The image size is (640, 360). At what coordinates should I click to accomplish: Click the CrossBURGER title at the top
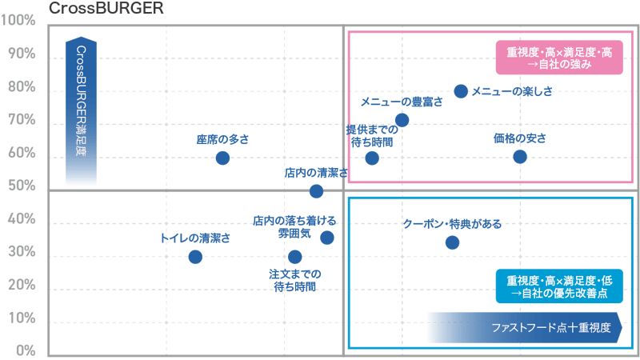(x=106, y=9)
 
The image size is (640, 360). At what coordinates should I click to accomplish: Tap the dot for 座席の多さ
(x=222, y=158)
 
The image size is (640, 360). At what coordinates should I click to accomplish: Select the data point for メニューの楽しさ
(x=461, y=91)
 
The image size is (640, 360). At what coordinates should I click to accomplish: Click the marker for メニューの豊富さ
(x=402, y=120)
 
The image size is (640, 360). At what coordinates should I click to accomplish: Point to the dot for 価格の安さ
(x=520, y=156)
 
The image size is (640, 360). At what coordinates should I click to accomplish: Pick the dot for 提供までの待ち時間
(x=371, y=157)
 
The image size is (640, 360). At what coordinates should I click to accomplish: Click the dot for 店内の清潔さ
(x=316, y=191)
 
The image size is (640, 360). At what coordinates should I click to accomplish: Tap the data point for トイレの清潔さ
(x=195, y=256)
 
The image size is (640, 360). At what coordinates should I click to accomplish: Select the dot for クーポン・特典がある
(x=452, y=242)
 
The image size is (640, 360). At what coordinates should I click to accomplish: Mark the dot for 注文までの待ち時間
(x=295, y=256)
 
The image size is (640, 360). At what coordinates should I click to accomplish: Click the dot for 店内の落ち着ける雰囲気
(x=326, y=238)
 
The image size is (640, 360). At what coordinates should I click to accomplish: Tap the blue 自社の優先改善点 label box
(x=559, y=286)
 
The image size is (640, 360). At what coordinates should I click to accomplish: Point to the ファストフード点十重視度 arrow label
(x=524, y=327)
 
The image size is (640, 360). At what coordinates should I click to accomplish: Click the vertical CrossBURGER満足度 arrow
(x=81, y=112)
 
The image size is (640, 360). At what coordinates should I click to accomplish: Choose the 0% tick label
(x=25, y=350)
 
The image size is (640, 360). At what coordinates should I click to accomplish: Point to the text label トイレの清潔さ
(x=195, y=238)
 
